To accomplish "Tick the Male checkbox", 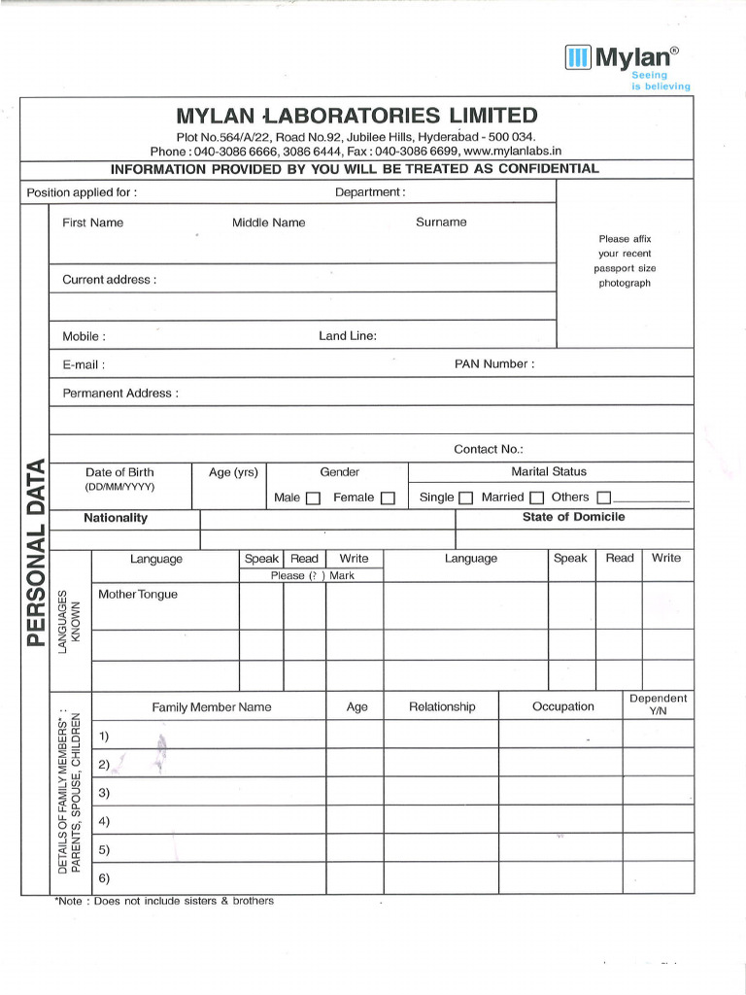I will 313,498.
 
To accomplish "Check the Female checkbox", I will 388,498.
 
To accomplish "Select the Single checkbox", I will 465,498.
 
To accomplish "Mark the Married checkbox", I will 536,498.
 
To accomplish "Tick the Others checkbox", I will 604,498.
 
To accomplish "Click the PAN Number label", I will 494,364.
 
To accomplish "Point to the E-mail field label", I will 84,365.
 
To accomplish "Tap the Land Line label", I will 348,336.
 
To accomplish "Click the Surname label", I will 441,223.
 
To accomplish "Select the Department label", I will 370,192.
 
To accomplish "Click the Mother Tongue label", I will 138,594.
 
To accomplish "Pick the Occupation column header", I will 562,706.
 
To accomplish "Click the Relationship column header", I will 442,706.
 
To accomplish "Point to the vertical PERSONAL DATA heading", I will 36,551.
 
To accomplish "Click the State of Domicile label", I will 573,517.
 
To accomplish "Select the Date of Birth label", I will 119,472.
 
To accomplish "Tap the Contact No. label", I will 489,449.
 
